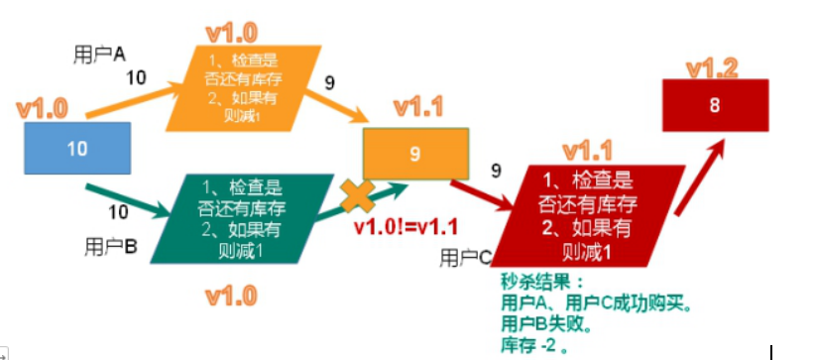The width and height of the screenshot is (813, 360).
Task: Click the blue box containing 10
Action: tap(77, 147)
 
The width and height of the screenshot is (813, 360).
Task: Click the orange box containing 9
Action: tap(414, 154)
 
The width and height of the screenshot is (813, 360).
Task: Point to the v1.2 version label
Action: tap(713, 67)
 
